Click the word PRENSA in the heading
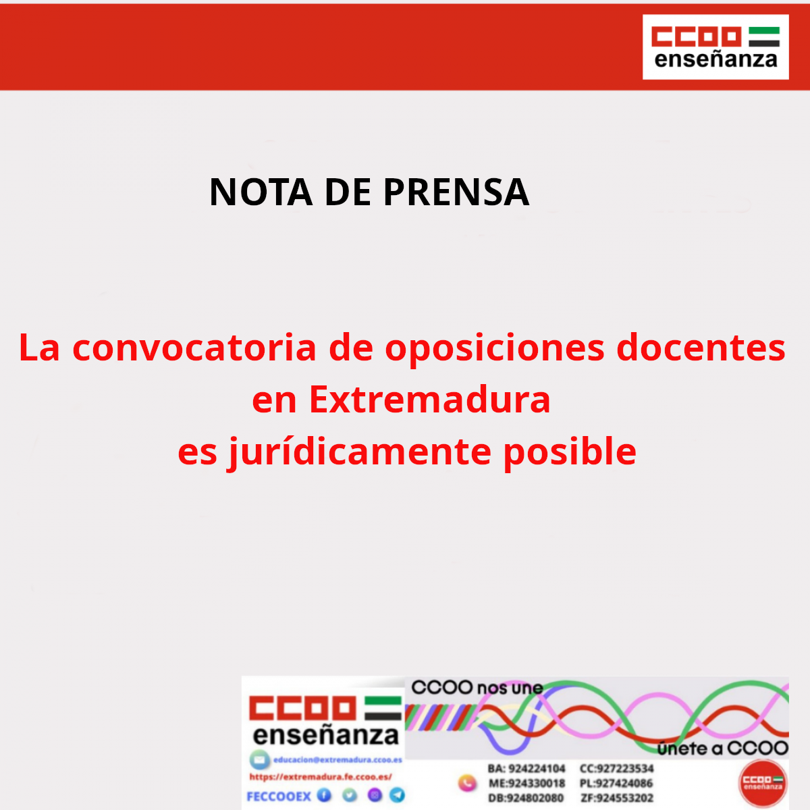tap(456, 192)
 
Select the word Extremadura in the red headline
tap(429, 399)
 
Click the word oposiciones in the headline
tap(495, 348)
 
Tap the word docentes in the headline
tap(701, 348)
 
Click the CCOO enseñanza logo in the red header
tap(715, 47)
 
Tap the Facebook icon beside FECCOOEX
tap(325, 795)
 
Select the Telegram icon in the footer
tap(398, 795)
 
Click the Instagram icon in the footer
tap(375, 795)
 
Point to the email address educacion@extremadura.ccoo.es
tap(337, 760)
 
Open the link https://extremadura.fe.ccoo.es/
tap(321, 777)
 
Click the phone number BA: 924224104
tap(526, 769)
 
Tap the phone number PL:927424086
tap(616, 784)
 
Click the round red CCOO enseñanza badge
tap(763, 783)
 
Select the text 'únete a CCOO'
tap(722, 748)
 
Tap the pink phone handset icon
tap(467, 784)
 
